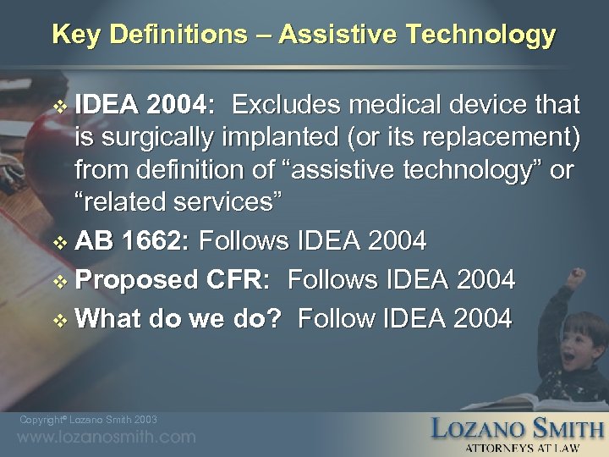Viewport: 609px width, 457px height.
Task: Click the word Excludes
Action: click(285, 105)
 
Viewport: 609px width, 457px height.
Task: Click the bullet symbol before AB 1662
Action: click(59, 243)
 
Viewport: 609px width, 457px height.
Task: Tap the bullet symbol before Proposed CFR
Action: click(59, 280)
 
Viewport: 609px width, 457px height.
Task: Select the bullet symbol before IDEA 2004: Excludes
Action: click(59, 106)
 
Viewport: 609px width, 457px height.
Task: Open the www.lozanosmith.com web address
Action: click(107, 438)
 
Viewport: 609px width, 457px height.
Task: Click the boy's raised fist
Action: click(579, 277)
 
